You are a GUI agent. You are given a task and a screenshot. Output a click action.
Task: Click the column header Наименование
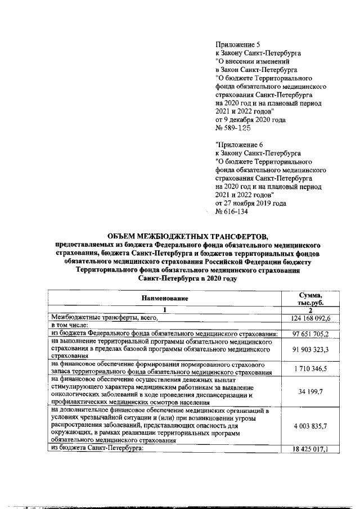click(164, 298)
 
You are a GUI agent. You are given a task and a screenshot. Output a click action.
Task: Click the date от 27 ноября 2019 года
click(250, 203)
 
